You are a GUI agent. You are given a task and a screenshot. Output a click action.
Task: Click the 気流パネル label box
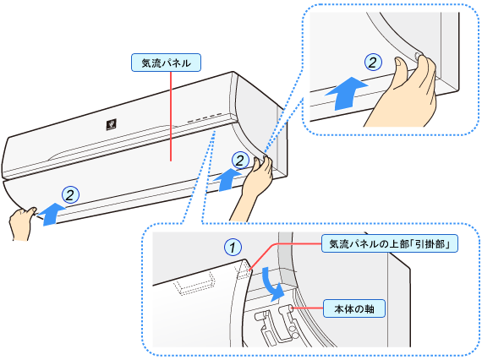166,63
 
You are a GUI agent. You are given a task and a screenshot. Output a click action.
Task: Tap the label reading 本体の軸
354,308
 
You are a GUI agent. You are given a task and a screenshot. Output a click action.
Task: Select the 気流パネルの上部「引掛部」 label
390,244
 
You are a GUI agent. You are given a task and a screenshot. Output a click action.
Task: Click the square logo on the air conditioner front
112,124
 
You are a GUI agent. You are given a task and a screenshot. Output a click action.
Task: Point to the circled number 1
233,247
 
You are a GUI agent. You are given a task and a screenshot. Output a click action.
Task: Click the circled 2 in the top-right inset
373,62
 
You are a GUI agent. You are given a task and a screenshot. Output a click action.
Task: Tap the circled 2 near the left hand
70,194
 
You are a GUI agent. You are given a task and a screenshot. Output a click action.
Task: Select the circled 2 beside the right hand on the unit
240,161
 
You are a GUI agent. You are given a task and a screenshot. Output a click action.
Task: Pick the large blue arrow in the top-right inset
347,93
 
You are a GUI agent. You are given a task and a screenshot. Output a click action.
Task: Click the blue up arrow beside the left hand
52,214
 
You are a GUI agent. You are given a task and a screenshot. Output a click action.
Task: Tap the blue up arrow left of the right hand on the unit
227,180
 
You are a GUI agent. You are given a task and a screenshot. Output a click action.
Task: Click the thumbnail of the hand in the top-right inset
399,63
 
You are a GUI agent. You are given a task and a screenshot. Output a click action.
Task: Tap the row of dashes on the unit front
205,117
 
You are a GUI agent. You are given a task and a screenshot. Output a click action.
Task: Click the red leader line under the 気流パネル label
171,116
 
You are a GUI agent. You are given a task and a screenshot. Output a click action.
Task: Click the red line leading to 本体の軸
308,308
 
